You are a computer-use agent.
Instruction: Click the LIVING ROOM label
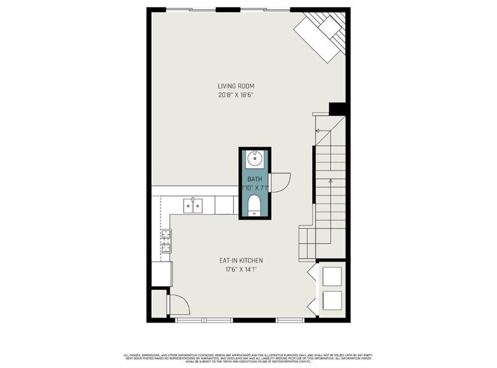[236, 86]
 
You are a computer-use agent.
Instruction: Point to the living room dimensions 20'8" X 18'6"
[236, 95]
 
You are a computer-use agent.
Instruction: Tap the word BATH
[255, 179]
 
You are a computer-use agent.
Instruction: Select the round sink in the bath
[255, 158]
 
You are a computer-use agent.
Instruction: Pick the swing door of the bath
[281, 182]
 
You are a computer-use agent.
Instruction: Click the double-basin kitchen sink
[193, 206]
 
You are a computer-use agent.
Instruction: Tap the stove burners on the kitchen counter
[166, 241]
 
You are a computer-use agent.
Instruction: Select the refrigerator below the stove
[162, 274]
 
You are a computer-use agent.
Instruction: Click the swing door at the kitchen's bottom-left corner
[178, 304]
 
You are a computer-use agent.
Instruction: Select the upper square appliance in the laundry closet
[332, 276]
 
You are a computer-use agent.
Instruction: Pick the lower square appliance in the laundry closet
[332, 300]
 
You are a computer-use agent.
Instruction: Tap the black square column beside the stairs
[337, 109]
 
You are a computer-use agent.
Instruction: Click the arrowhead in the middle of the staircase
[331, 180]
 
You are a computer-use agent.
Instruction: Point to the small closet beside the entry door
[158, 304]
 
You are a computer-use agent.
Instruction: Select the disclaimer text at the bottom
[248, 358]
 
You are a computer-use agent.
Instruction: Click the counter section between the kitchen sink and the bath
[224, 205]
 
